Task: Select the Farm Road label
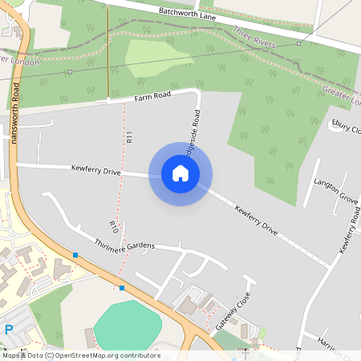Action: [x=152, y=96]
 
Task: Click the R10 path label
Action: [x=114, y=228]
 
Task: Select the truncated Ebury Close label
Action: [x=346, y=126]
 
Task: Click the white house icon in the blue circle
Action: [x=180, y=173]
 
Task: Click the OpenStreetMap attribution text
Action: [x=80, y=355]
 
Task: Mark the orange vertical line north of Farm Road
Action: [x=107, y=52]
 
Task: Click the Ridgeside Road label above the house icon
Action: [x=191, y=129]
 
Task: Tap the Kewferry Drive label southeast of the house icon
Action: [x=256, y=221]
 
